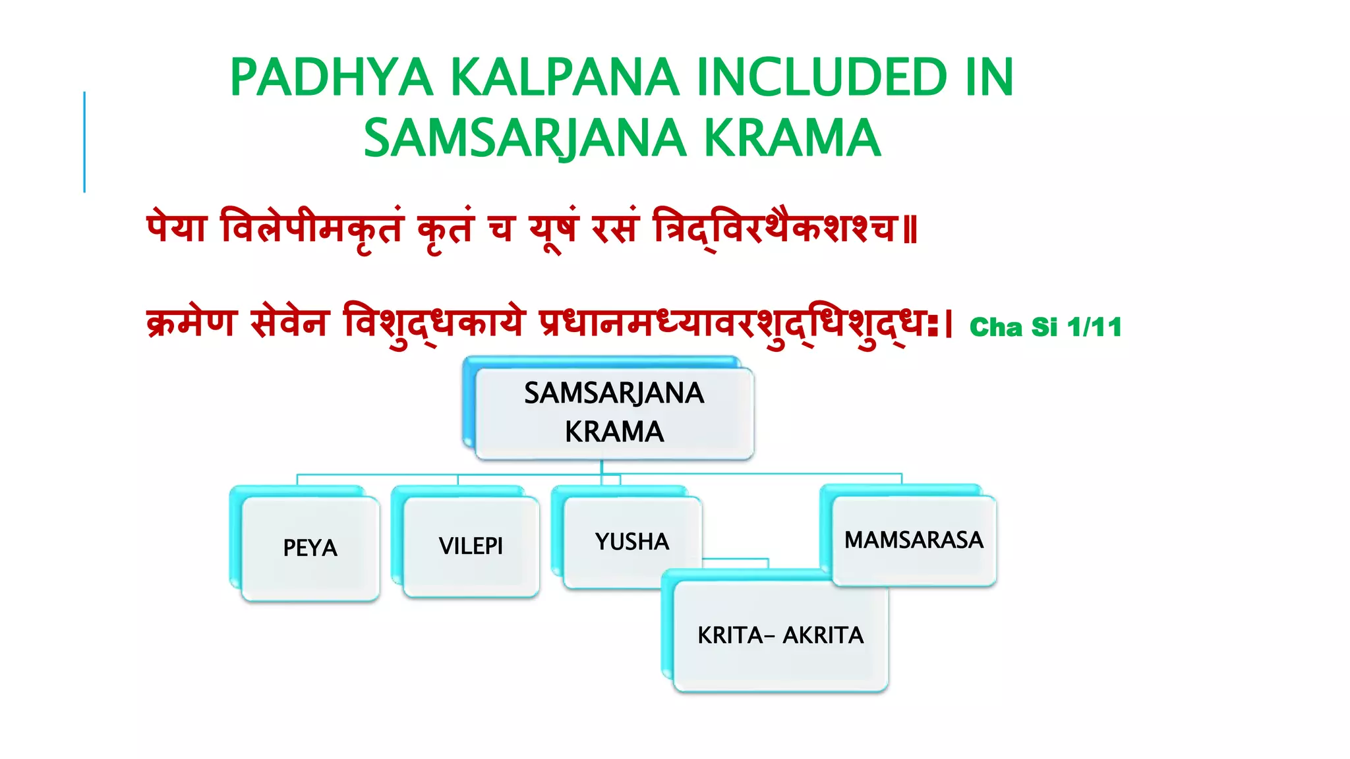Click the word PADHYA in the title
[x=332, y=78]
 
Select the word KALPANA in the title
[x=564, y=78]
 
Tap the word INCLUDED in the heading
[x=822, y=78]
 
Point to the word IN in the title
[x=989, y=78]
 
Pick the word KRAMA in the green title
[x=792, y=138]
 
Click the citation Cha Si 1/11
[x=1045, y=327]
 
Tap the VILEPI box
[x=471, y=546]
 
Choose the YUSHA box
[x=631, y=542]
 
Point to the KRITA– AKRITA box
[x=780, y=635]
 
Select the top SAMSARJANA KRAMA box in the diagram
[x=614, y=412]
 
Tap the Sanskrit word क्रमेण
[x=191, y=323]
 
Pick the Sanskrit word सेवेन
[x=289, y=323]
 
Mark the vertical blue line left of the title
[x=84, y=142]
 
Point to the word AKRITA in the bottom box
[x=823, y=635]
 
